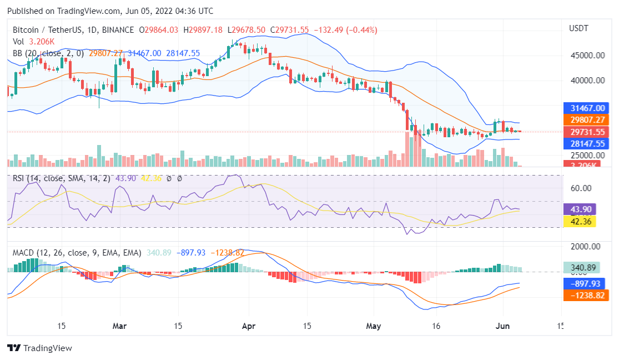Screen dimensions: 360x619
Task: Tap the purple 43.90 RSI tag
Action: [579, 209]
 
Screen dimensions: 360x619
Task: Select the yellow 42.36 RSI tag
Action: [579, 222]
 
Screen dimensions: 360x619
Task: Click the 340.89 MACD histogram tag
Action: [582, 268]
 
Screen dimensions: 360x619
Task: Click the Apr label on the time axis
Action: [248, 326]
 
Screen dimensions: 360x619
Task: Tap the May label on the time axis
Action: [374, 326]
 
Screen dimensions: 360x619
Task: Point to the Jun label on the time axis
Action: [502, 326]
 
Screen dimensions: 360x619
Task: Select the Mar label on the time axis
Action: [119, 326]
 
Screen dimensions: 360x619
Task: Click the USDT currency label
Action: [578, 28]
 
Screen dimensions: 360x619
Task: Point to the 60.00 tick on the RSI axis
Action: [581, 188]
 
